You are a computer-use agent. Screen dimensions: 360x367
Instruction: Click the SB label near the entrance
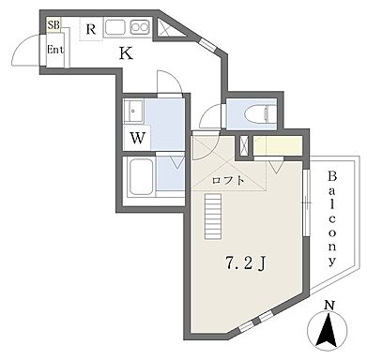pos(54,24)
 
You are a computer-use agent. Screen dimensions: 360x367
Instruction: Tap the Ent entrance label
pos(55,50)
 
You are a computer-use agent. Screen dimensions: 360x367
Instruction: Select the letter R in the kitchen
pos(90,29)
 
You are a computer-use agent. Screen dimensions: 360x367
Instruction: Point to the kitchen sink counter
pos(128,26)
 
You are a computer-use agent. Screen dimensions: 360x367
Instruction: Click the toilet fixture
pos(255,114)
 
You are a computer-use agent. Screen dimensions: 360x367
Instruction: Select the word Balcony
pos(333,220)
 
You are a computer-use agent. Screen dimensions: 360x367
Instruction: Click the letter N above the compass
pos(328,307)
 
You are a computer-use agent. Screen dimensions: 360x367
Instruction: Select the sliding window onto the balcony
pos(307,202)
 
